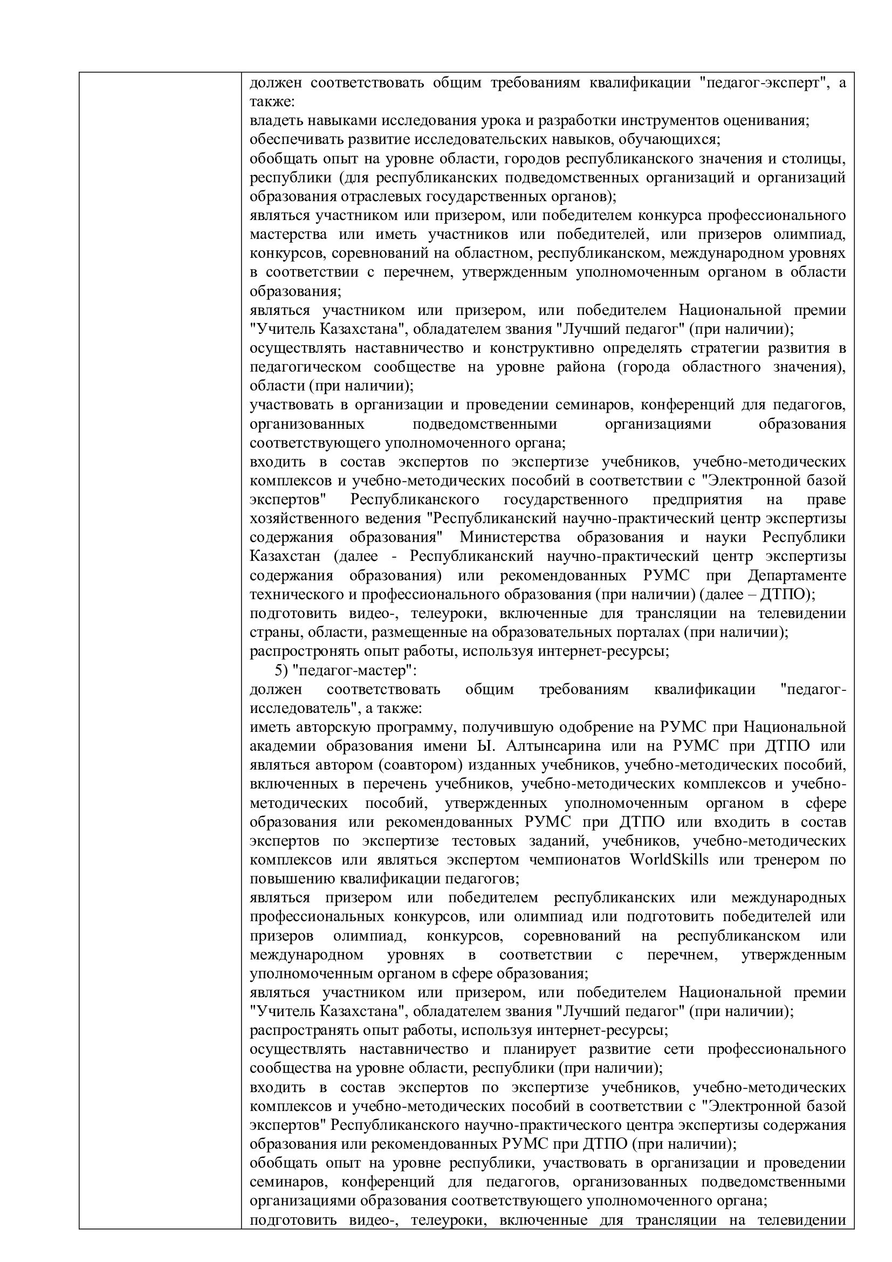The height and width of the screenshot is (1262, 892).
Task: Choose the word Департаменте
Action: coord(797,575)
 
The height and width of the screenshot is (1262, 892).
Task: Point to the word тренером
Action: coord(785,859)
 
